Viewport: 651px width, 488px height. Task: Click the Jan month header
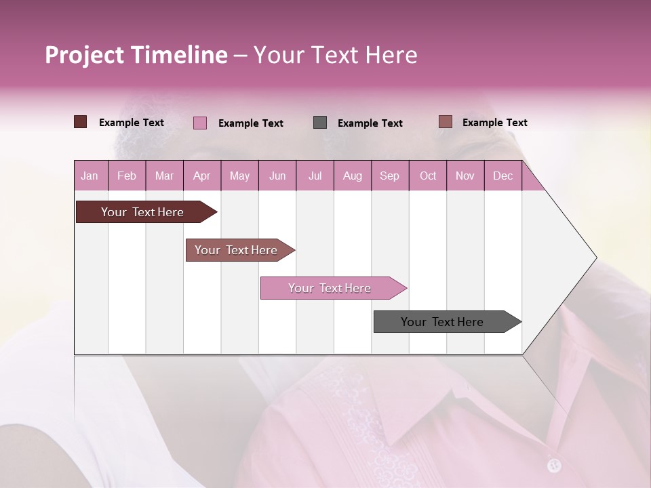pos(90,176)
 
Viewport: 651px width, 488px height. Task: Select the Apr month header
pos(201,176)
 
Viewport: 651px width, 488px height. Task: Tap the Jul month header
pos(315,176)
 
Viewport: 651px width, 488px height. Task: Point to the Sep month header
pos(389,176)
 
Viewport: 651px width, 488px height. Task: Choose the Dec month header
pos(502,176)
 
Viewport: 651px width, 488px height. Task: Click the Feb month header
pos(127,176)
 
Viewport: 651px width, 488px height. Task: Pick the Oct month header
pos(428,176)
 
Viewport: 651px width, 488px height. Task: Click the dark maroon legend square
pos(81,122)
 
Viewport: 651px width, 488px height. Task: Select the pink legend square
pos(200,123)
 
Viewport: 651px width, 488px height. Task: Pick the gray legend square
pos(320,123)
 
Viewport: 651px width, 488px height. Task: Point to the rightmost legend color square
pos(445,122)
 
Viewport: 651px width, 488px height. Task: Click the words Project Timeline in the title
pos(136,55)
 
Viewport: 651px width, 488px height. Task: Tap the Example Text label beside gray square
pos(370,123)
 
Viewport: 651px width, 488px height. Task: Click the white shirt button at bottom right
pos(554,465)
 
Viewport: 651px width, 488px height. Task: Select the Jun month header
pos(277,176)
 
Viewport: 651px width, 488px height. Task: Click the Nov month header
pos(465,176)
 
